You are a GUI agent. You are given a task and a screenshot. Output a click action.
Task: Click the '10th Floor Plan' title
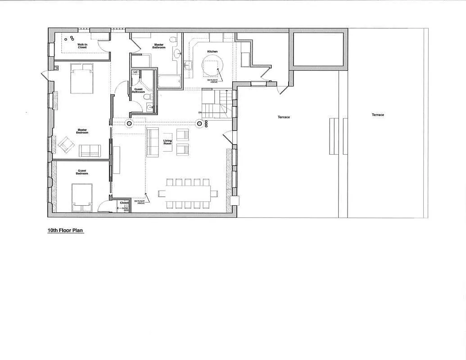click(65, 230)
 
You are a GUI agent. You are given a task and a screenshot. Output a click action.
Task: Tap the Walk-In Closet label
click(82, 46)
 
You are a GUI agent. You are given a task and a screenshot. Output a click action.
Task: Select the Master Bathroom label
click(159, 46)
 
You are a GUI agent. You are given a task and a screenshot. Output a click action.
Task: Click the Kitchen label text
click(212, 52)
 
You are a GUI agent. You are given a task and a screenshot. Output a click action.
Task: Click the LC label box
click(135, 72)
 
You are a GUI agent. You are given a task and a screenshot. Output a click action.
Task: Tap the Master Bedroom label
click(82, 131)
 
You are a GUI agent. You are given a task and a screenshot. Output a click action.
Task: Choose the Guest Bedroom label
click(82, 172)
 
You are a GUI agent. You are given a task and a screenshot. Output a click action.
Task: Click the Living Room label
click(167, 142)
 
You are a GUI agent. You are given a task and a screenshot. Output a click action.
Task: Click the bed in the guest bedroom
click(82, 197)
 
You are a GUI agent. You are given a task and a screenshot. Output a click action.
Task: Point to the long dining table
click(184, 193)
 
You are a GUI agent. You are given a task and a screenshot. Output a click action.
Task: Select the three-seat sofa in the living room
click(153, 142)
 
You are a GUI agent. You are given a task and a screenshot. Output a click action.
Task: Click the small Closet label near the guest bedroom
click(124, 203)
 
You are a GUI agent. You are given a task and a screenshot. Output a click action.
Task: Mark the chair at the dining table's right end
click(215, 193)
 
